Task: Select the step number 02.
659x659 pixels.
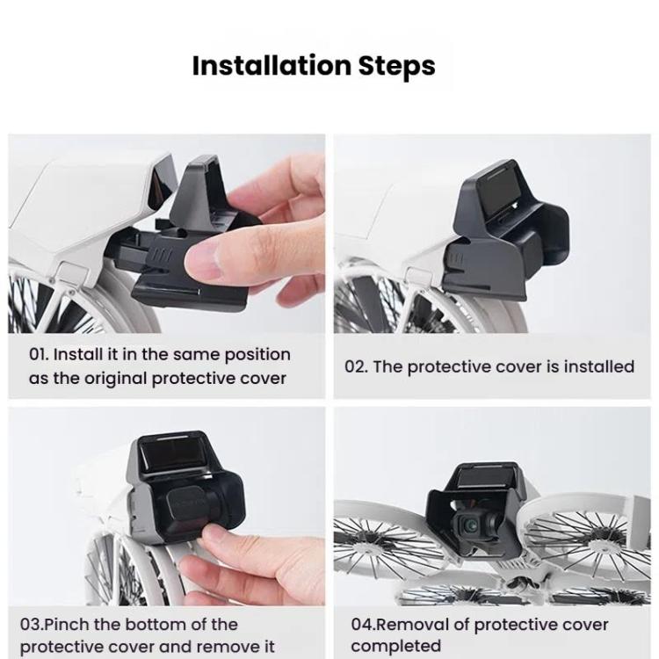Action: (356, 366)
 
